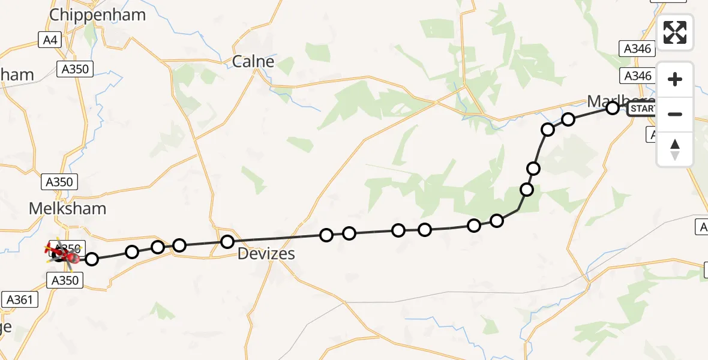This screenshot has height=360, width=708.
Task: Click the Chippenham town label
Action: pos(97,14)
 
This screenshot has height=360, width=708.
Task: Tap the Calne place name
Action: pos(253,61)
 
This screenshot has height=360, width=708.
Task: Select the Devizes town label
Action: pos(266,253)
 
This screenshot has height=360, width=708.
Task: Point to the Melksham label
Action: pos(68,208)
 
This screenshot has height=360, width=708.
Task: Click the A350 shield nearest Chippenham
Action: pos(74,69)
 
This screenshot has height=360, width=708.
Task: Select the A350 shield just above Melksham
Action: pos(59,182)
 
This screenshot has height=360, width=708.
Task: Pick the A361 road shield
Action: pos(19,299)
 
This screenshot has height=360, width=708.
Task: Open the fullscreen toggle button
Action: pos(675,32)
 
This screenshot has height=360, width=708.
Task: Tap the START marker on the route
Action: pos(643,109)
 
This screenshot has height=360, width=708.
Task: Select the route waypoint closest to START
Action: pos(613,108)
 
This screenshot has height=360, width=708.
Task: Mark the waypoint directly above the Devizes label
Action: pos(227,242)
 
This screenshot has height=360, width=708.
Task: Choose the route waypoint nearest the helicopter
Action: pos(92,259)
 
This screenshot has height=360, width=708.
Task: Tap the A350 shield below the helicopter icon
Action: pos(65,280)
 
